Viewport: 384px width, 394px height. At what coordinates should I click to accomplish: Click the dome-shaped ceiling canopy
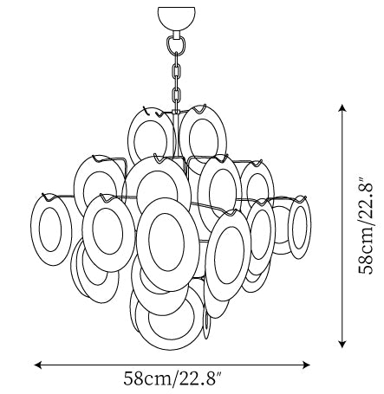click(x=176, y=17)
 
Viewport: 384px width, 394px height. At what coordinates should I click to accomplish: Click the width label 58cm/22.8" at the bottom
click(x=173, y=378)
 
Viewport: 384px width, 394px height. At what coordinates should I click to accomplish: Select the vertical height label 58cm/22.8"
click(x=365, y=225)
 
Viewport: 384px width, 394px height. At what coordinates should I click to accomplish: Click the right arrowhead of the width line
click(x=307, y=365)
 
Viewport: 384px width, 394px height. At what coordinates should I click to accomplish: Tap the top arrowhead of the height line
click(x=342, y=108)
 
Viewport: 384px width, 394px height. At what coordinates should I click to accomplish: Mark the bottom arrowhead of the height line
click(x=342, y=344)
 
